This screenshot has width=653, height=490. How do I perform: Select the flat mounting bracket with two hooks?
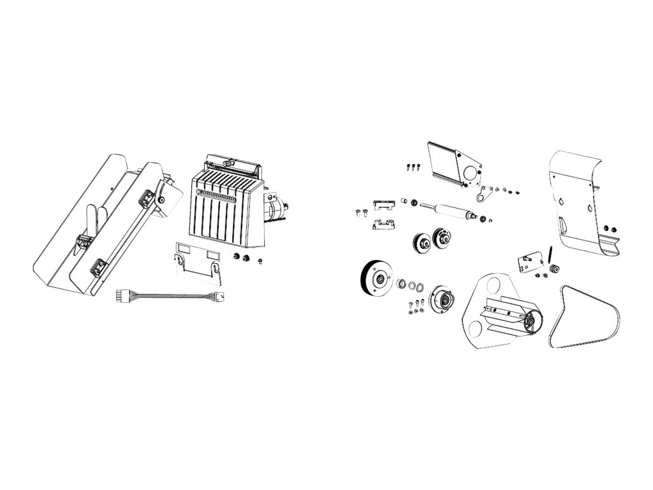[198, 262]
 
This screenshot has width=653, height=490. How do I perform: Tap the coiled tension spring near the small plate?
[548, 254]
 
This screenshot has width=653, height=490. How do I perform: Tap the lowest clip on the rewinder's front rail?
[100, 267]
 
